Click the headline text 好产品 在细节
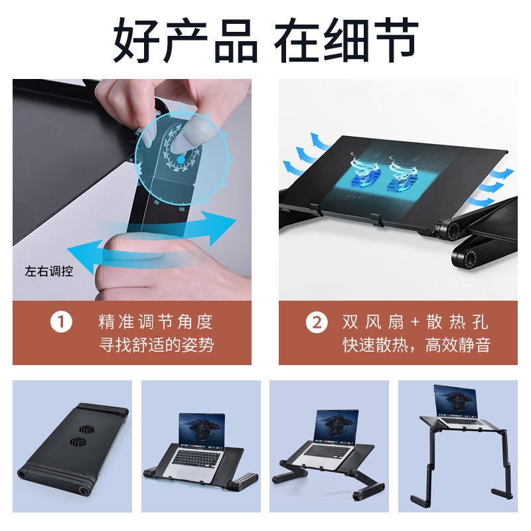(266, 40)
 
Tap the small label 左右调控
(49, 271)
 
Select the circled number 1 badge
(61, 322)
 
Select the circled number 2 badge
(317, 323)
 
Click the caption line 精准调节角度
(156, 322)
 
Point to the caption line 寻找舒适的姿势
(157, 345)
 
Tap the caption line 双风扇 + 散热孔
(416, 322)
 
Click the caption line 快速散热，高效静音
(417, 345)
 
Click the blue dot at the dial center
(181, 159)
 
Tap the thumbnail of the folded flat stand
(72, 446)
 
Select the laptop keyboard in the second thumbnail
(196, 457)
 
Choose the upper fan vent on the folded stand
(87, 429)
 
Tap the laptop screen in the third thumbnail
(336, 426)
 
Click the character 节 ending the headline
(397, 40)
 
